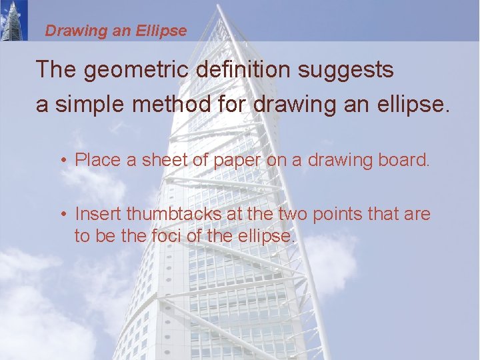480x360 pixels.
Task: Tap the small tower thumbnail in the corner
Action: (x=14, y=20)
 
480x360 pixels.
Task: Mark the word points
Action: (x=343, y=214)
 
